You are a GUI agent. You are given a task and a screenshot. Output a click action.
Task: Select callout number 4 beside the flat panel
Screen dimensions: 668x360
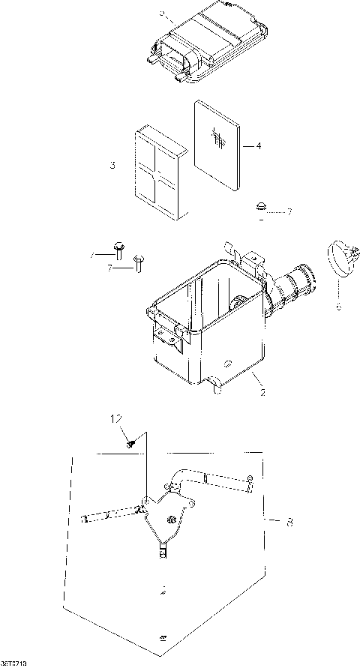pos(258,146)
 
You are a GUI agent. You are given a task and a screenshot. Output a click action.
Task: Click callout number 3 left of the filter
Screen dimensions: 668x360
pos(112,164)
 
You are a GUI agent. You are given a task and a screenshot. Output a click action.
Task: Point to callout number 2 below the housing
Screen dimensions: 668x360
pos(262,391)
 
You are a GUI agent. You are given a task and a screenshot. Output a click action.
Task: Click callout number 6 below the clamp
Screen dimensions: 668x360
pos(337,306)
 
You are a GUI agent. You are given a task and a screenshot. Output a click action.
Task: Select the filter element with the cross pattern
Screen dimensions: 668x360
pos(158,173)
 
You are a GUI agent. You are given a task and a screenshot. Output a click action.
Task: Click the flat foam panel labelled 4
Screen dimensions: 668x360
pos(220,142)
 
